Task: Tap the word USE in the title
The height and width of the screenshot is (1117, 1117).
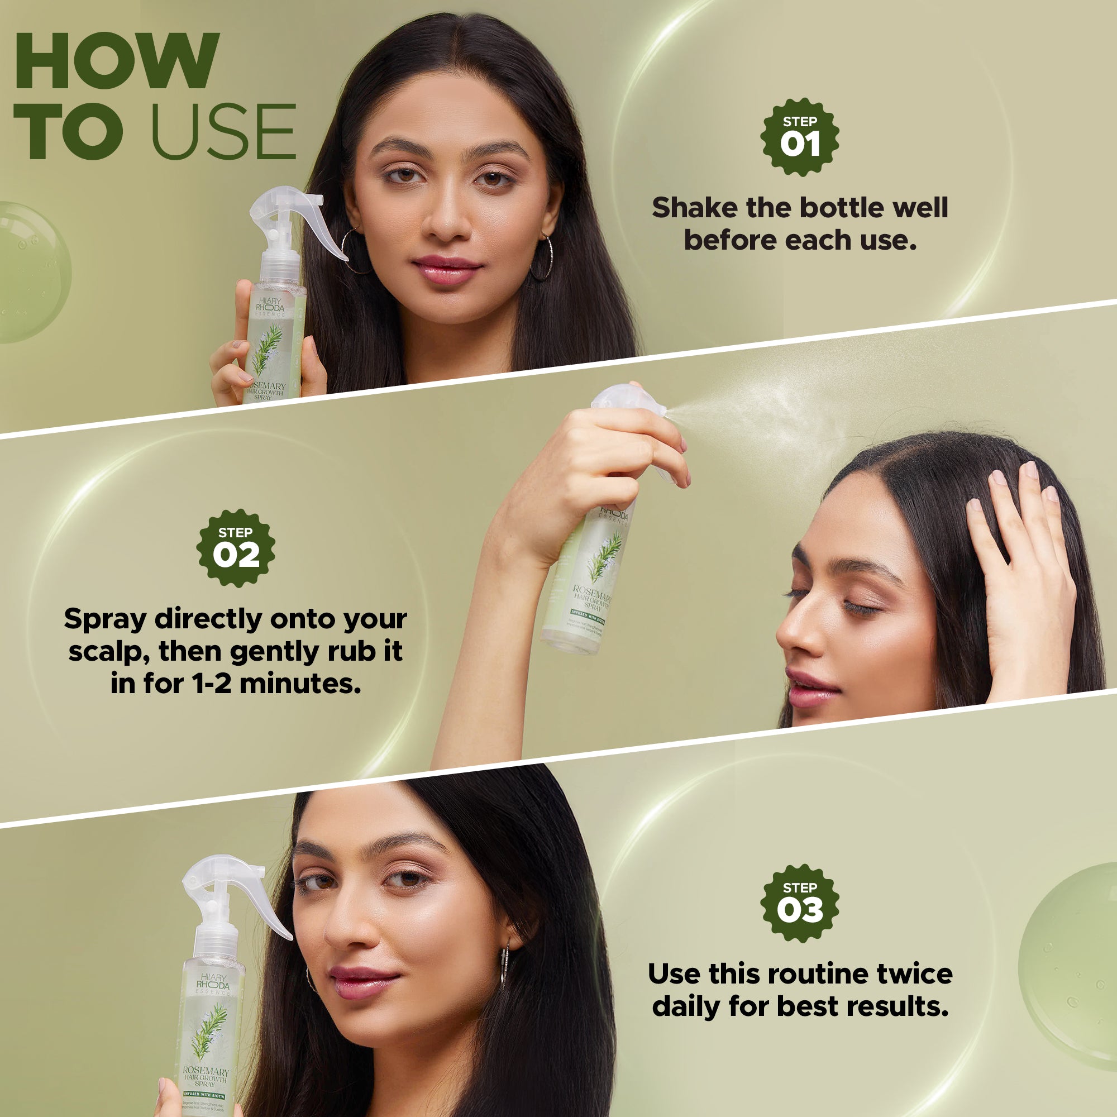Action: [223, 132]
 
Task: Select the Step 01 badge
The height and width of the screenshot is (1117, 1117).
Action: [800, 137]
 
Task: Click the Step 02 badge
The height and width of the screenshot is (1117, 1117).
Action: [235, 548]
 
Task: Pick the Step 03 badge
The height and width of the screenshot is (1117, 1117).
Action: [800, 903]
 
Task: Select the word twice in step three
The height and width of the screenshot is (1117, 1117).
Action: [914, 973]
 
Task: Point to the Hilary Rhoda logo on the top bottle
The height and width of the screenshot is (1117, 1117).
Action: [270, 305]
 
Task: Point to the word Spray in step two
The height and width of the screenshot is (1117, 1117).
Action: [104, 619]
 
